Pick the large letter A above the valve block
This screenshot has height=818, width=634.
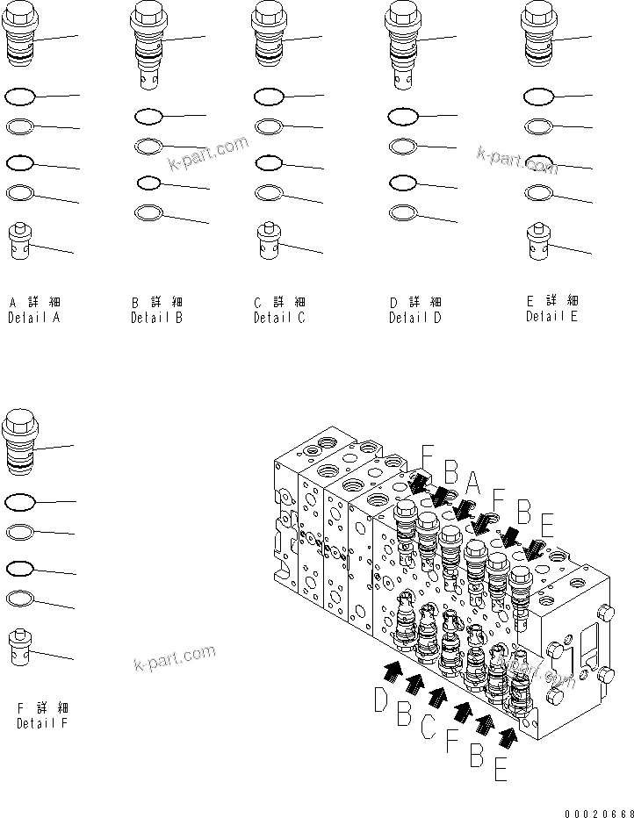coord(473,483)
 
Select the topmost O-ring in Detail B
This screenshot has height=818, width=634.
coord(148,116)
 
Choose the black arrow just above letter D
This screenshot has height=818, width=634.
coord(393,671)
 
